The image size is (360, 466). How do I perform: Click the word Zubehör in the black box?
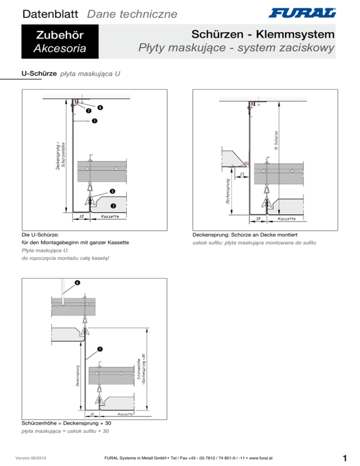[x=56, y=35]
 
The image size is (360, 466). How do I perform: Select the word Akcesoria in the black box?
[x=56, y=48]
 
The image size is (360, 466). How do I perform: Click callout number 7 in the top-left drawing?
[x=88, y=111]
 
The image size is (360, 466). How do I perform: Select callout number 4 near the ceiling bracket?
[x=100, y=107]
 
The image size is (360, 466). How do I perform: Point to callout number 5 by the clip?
[x=112, y=191]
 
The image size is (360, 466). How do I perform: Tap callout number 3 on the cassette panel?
[x=113, y=206]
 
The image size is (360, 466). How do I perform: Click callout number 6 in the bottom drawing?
[x=77, y=283]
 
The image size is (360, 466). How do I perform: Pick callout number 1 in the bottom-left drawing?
[x=100, y=349]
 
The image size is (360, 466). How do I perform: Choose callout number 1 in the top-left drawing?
[x=95, y=121]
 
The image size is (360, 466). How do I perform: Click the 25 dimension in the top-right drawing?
[x=242, y=174]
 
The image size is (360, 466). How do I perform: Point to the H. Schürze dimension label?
[x=277, y=141]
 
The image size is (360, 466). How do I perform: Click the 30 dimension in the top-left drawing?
[x=81, y=217]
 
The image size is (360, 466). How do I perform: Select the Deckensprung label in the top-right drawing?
[x=227, y=190]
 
